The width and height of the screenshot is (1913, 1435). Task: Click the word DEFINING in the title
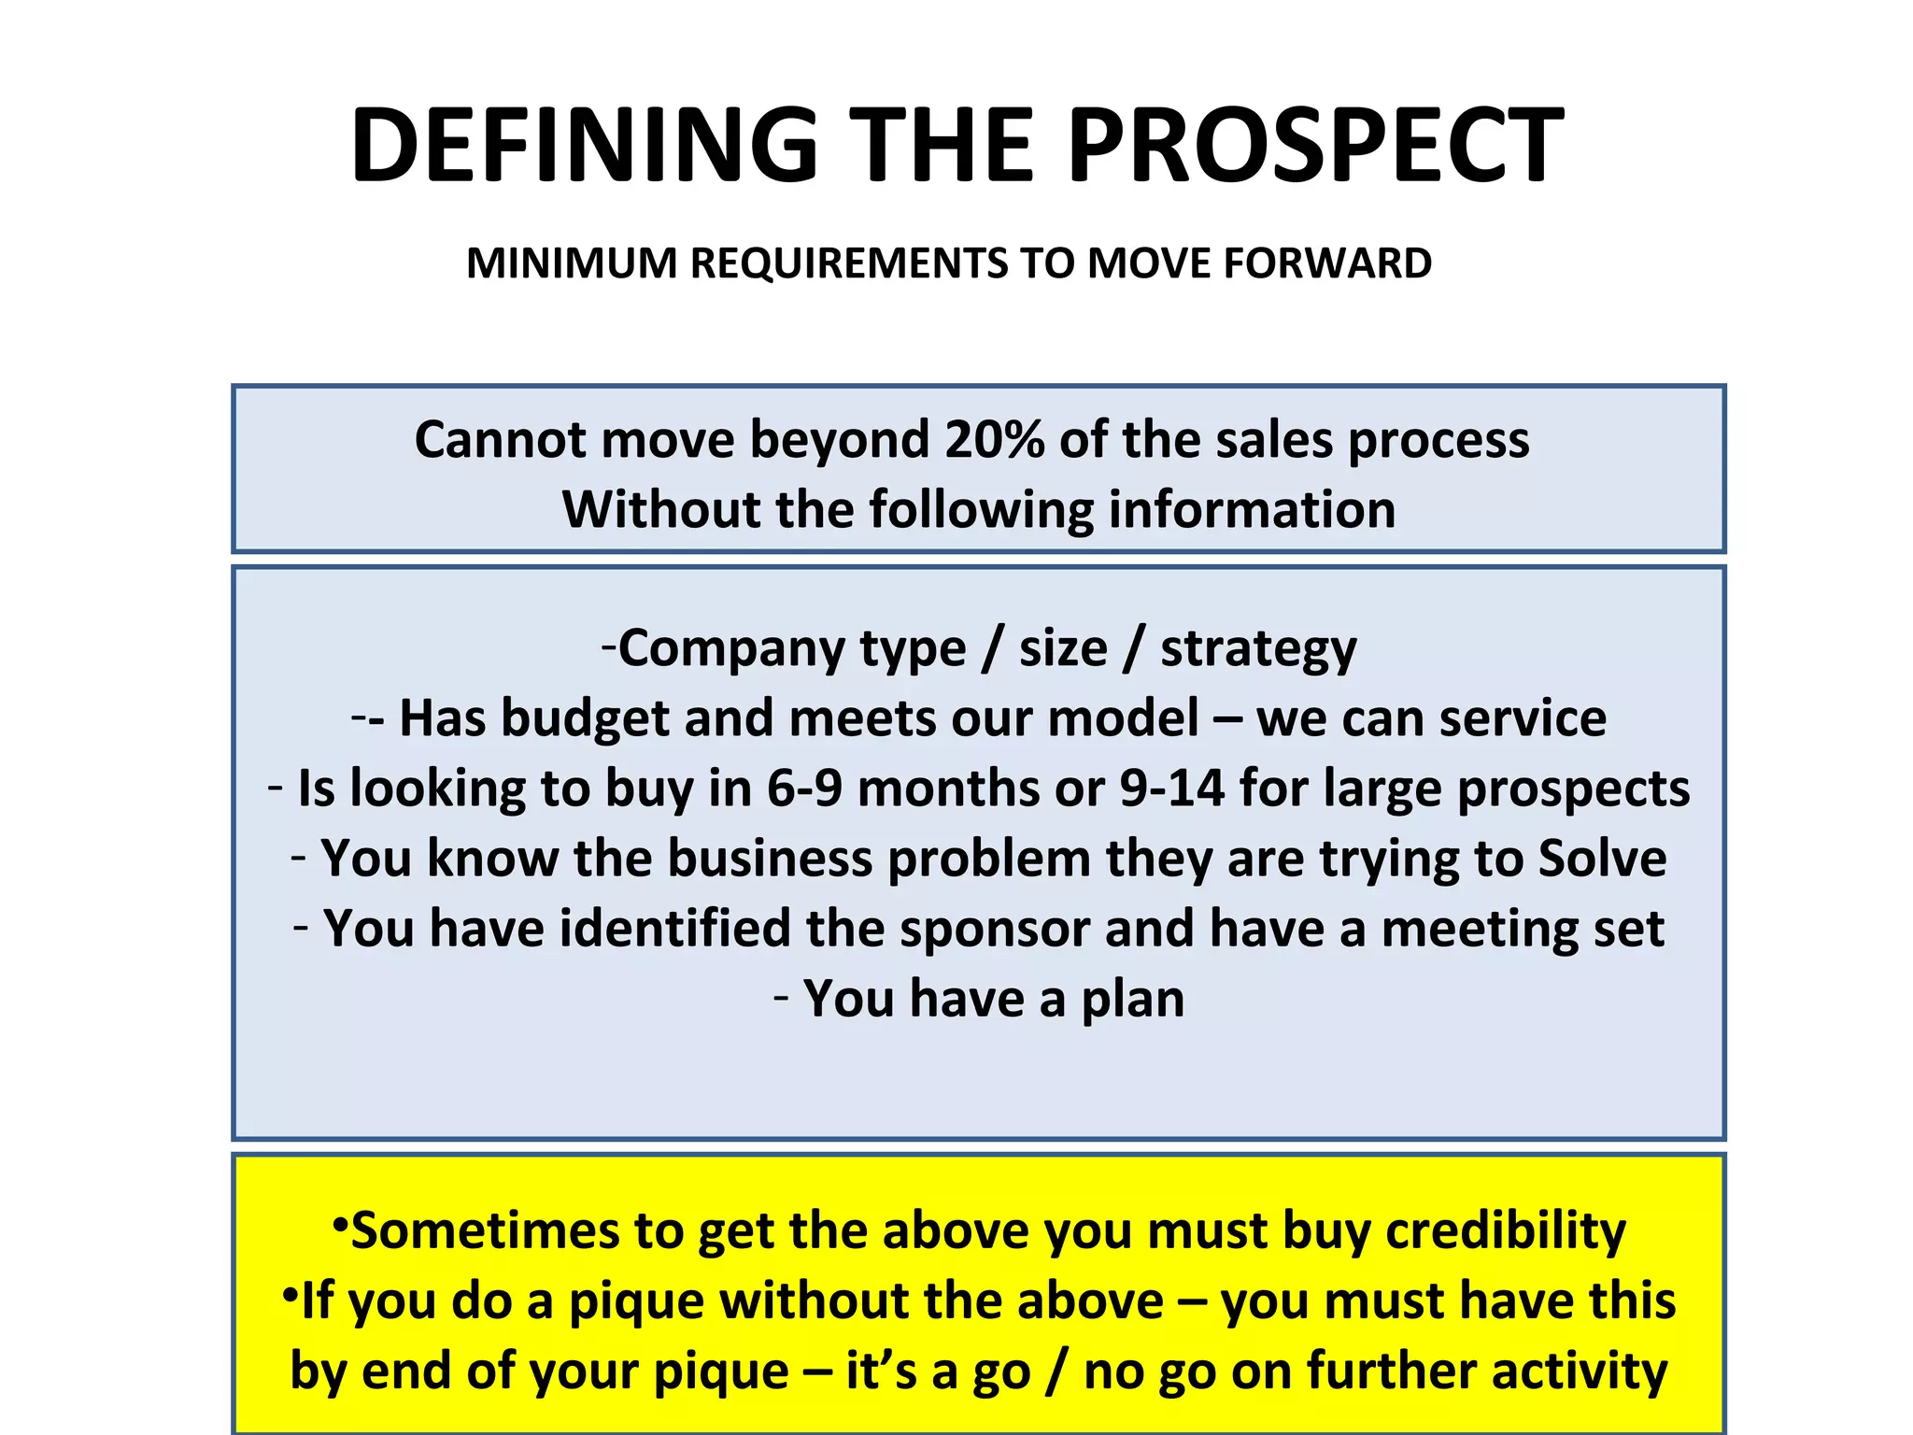pyautogui.click(x=584, y=145)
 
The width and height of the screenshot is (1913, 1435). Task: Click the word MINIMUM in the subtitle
pyautogui.click(x=572, y=263)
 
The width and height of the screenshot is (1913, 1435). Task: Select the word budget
pyautogui.click(x=585, y=719)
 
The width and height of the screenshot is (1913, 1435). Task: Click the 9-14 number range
pyautogui.click(x=1171, y=789)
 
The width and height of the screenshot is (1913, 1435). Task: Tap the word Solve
pyautogui.click(x=1602, y=858)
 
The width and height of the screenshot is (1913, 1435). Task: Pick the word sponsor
pyautogui.click(x=994, y=930)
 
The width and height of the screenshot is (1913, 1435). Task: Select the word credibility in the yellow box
pyautogui.click(x=1506, y=1231)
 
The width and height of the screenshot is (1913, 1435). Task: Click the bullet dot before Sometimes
pyautogui.click(x=340, y=1223)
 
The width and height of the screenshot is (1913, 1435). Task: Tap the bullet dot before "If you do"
pyautogui.click(x=290, y=1294)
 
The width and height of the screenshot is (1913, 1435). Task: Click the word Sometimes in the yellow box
pyautogui.click(x=485, y=1230)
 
